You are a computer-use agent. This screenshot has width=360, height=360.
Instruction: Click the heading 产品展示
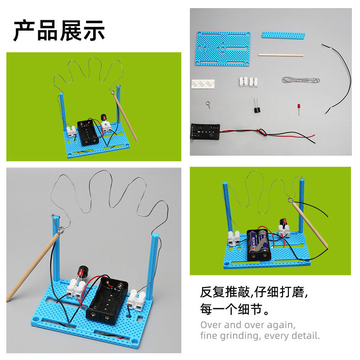(x=59, y=31)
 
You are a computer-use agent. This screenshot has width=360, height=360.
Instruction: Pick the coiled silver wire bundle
(x=301, y=80)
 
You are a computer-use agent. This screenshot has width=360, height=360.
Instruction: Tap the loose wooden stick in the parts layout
(x=280, y=55)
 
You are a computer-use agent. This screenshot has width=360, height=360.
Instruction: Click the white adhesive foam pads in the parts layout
(x=203, y=84)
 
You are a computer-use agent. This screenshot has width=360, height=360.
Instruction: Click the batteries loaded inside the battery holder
(x=259, y=243)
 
